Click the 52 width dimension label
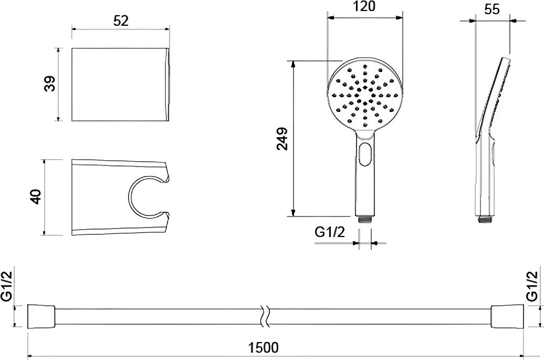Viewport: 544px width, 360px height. (121, 21)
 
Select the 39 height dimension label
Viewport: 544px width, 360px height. (50, 84)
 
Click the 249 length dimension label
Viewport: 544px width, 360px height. (282, 139)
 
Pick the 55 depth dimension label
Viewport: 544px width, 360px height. (492, 9)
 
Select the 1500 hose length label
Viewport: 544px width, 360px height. (264, 347)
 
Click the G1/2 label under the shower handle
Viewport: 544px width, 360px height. (330, 232)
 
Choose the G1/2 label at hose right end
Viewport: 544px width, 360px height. (532, 286)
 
